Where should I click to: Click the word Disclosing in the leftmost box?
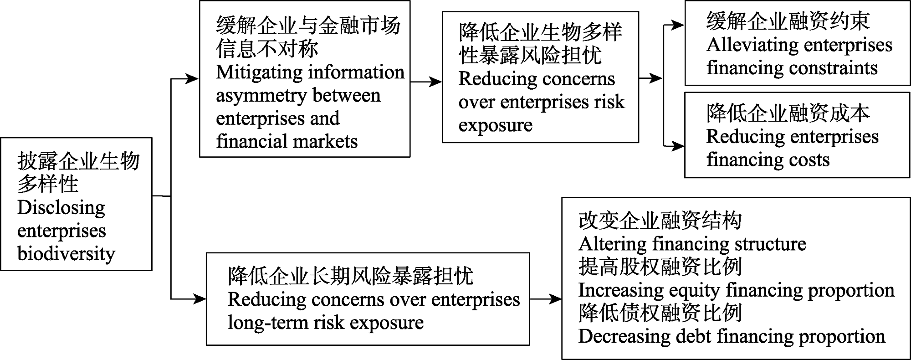click(61, 208)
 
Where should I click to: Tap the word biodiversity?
click(67, 254)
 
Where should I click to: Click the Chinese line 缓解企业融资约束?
click(788, 21)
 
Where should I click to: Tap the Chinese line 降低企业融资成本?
click(788, 113)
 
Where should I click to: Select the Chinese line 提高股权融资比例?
click(660, 267)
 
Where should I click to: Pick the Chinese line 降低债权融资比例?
click(660, 313)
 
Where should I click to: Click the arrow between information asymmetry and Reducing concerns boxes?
click(426, 82)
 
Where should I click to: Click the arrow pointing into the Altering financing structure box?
click(546, 299)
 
